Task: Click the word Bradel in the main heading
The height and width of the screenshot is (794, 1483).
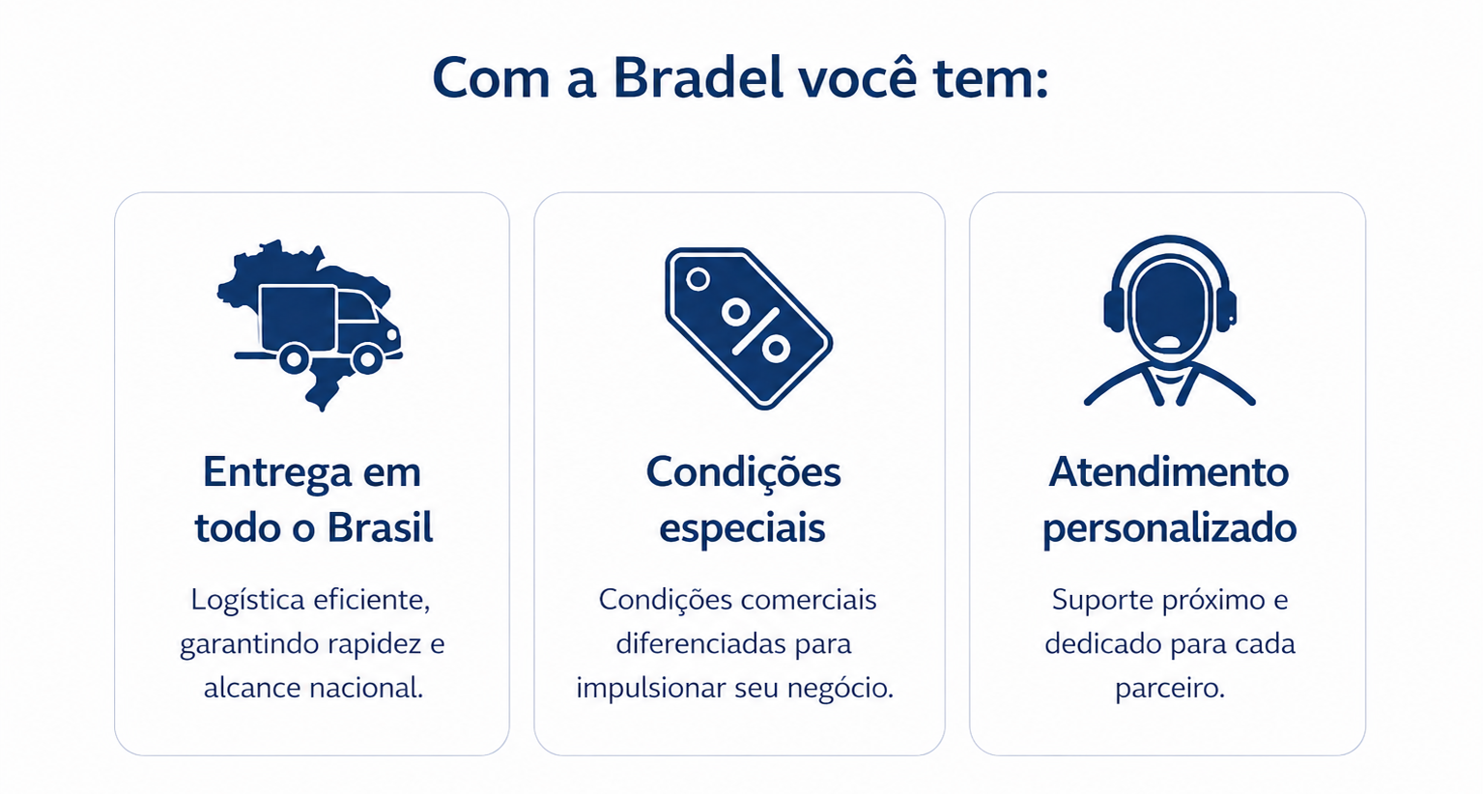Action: (699, 78)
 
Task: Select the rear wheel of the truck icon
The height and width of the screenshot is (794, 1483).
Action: (294, 359)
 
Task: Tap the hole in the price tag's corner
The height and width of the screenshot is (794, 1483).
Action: (698, 279)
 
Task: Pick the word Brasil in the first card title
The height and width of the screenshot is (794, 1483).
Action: (380, 527)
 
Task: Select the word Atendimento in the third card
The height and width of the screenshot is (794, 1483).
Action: (1168, 472)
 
